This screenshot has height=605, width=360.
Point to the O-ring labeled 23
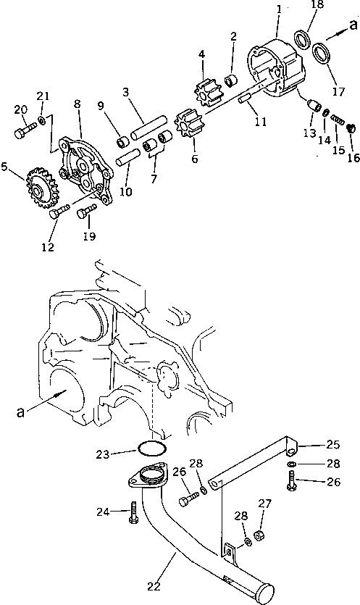150,450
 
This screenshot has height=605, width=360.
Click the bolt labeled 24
133,512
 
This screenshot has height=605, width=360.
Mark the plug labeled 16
351,128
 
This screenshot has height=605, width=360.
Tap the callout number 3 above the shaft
127,93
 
